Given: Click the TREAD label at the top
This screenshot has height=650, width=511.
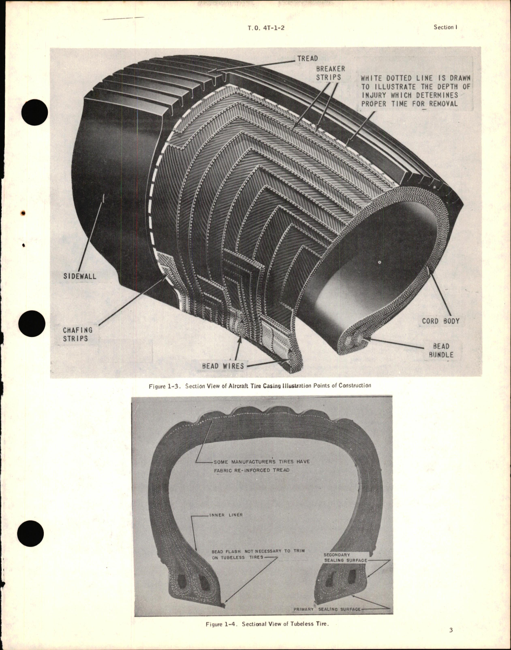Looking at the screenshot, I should click(307, 58).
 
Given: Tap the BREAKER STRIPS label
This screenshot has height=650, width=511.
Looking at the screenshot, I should click(330, 73).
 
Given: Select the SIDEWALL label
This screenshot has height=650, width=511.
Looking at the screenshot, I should click(80, 277).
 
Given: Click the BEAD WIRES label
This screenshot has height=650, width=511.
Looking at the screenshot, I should click(223, 366).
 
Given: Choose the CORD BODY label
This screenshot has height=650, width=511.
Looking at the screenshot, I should click(440, 321).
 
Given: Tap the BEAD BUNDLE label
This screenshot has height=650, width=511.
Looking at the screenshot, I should click(440, 350).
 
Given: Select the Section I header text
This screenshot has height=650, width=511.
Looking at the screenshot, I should click(445, 27).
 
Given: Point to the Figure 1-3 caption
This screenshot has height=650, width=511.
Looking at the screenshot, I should click(259, 386).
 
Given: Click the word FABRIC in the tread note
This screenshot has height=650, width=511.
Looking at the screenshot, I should click(223, 470).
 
